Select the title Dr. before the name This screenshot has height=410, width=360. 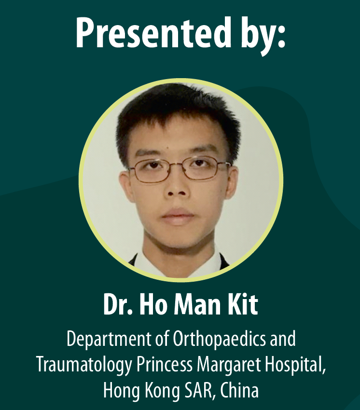pos(119,305)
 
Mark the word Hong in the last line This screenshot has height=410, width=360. pos(122,391)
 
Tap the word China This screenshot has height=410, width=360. pos(239,390)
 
